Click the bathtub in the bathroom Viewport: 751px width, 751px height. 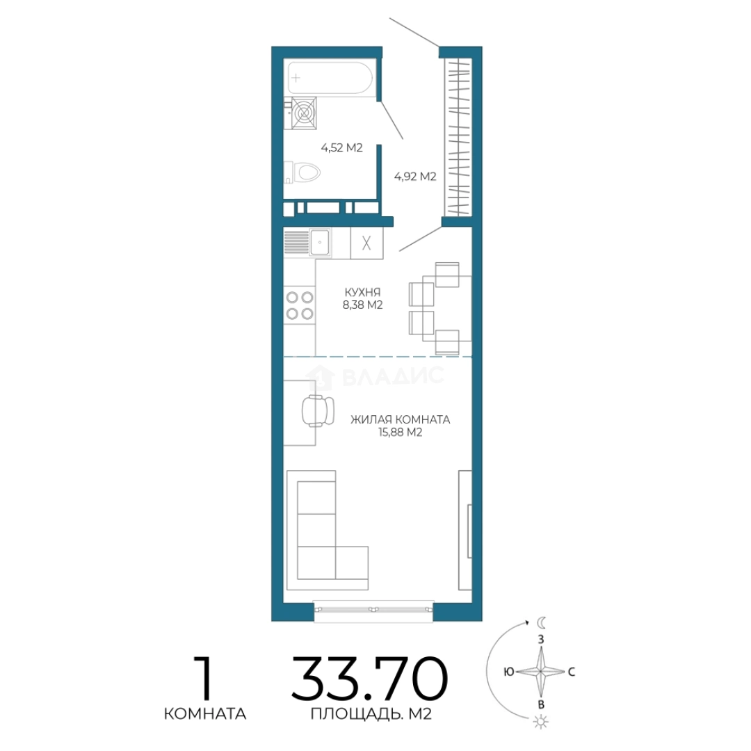coord(330,77)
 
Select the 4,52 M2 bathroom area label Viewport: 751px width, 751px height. coord(341,147)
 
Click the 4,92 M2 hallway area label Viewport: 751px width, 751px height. coord(414,176)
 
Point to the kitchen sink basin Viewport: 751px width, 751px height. coord(319,243)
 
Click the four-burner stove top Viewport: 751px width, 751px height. coord(300,305)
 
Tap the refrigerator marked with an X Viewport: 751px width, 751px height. coord(366,243)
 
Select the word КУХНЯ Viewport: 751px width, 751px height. coord(362,291)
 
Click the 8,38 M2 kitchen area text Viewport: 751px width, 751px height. coord(362,305)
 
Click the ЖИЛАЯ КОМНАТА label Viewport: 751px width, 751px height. coord(401,419)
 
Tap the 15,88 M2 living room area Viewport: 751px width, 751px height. coord(401,433)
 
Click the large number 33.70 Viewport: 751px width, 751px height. coord(369,679)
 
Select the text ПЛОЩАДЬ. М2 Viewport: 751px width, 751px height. coord(371,713)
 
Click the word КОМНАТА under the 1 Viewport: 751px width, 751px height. coord(205,713)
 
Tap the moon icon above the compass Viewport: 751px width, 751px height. coord(541,622)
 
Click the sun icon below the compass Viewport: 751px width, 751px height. coord(541,722)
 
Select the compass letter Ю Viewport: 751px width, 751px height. coord(508,672)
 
